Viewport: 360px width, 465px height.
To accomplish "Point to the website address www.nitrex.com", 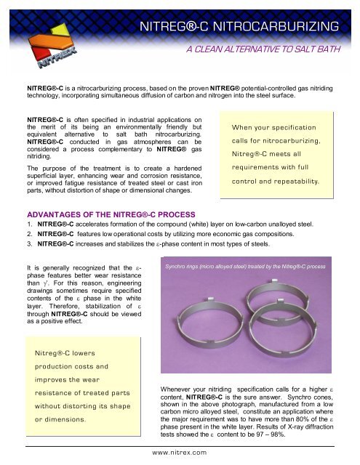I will (x=179, y=451).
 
